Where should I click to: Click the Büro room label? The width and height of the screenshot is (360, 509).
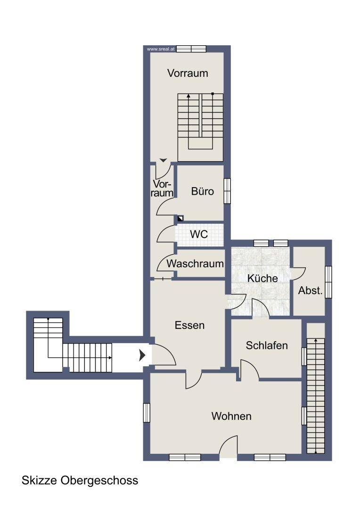pos(203,191)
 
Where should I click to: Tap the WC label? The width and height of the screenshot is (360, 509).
pos(199,234)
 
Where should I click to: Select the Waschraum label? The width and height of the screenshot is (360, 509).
pos(195,263)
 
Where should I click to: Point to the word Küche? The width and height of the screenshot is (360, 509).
pos(262,278)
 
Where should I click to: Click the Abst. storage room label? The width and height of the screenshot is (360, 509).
pos(311,290)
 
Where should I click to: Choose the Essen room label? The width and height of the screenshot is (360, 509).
pos(189,325)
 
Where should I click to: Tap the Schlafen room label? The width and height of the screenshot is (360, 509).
pos(267,345)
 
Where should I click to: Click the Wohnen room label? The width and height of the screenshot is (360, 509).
pos(231,416)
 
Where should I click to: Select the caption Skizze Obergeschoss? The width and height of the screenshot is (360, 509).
pos(80,480)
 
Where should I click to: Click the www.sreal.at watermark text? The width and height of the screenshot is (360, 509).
pos(161,49)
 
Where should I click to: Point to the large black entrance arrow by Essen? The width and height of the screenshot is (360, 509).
pos(142,355)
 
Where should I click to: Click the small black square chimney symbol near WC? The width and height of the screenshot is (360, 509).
pos(180,218)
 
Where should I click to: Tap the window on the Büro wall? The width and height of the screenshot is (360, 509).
pos(227,191)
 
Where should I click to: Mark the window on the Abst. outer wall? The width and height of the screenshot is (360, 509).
pos(328,282)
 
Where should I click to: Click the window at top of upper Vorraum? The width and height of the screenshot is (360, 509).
pos(191,49)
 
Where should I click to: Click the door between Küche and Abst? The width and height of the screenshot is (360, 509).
pos(298,273)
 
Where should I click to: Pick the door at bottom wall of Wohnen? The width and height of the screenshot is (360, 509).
pos(229,446)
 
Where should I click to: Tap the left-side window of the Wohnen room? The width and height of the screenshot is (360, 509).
pos(147,412)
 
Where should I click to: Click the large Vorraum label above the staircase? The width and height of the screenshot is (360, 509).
pos(188,73)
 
